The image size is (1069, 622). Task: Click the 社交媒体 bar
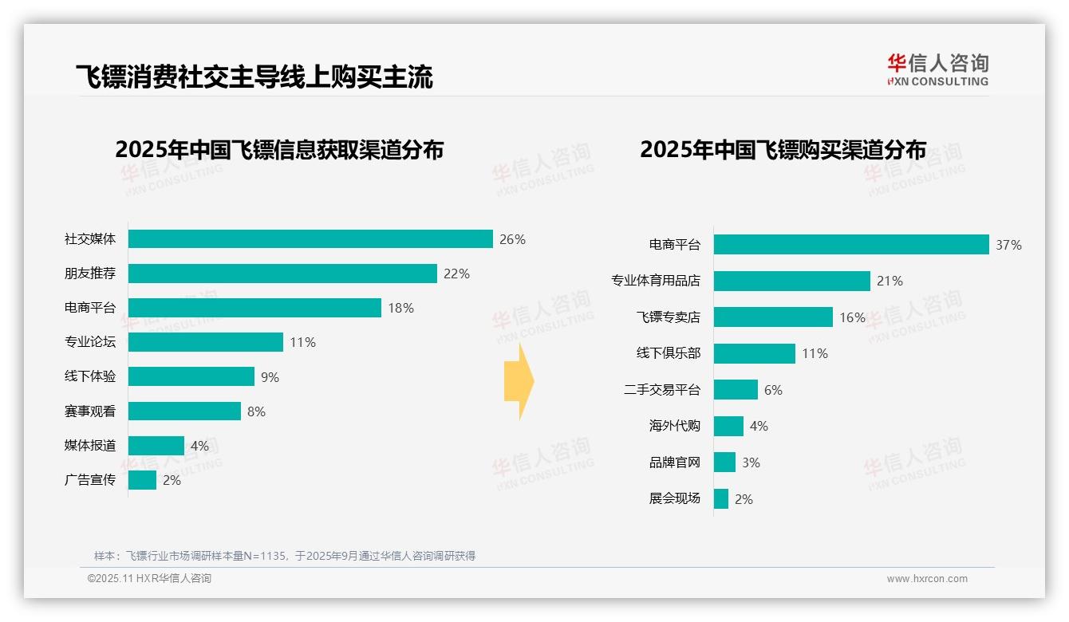pyautogui.click(x=310, y=239)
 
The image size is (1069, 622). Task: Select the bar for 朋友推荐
pyautogui.click(x=282, y=274)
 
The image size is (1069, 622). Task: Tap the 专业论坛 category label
pyautogui.click(x=90, y=342)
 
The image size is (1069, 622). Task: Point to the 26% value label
pyautogui.click(x=512, y=239)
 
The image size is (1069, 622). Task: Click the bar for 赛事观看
pyautogui.click(x=184, y=411)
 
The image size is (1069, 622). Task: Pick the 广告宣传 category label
pyautogui.click(x=90, y=480)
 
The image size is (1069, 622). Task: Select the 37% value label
pyautogui.click(x=1008, y=245)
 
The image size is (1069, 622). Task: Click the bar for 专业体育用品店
pyautogui.click(x=792, y=281)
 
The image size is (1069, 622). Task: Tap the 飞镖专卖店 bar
pyautogui.click(x=773, y=317)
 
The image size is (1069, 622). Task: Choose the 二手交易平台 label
pyautogui.click(x=662, y=390)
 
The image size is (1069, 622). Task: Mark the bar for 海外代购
pyautogui.click(x=728, y=426)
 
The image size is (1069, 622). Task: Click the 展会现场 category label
pyautogui.click(x=675, y=498)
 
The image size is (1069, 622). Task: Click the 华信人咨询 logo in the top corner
pyautogui.click(x=937, y=69)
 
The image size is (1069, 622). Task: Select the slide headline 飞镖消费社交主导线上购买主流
pyautogui.click(x=254, y=77)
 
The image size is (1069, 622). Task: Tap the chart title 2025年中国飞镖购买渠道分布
pyautogui.click(x=783, y=150)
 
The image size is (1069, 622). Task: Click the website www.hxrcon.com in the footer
pyautogui.click(x=927, y=579)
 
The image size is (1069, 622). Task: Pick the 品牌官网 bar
pyautogui.click(x=724, y=463)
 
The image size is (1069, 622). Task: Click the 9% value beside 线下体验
pyautogui.click(x=270, y=377)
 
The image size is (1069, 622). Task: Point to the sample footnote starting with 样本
pyautogui.click(x=285, y=556)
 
